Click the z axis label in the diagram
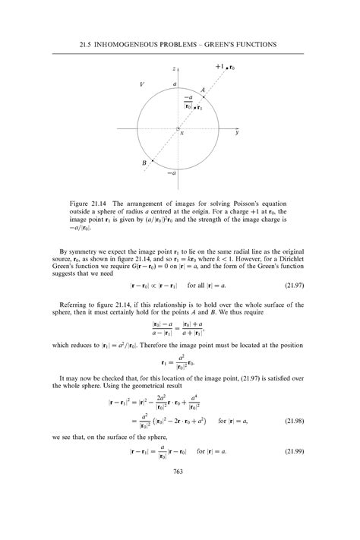coord(175,69)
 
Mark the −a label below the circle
coord(172,173)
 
